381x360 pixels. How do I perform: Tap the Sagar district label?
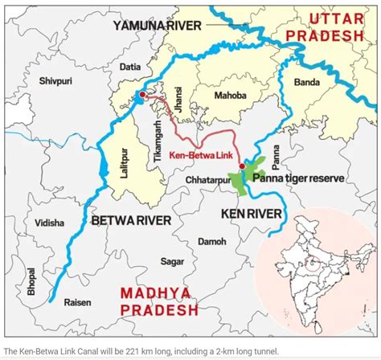coord(173,261)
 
